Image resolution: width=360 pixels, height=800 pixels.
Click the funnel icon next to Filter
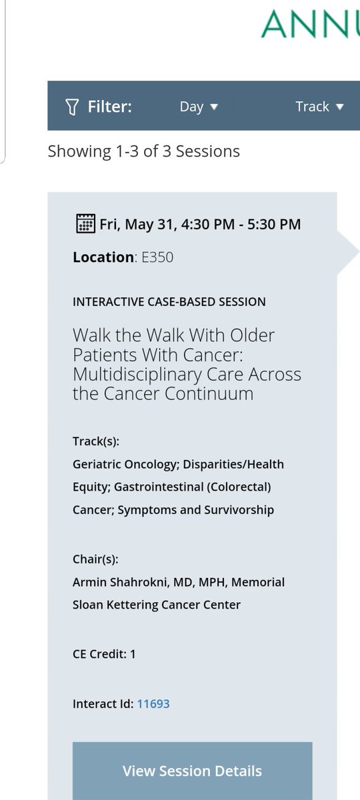pos(74,107)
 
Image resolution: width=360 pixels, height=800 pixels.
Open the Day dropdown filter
pos(199,107)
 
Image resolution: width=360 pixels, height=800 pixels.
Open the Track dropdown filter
pos(320,107)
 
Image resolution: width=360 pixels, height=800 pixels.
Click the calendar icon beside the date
pos(84,223)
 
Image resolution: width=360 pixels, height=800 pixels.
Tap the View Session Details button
pos(192,771)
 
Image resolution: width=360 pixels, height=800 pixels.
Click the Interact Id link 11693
pos(153,703)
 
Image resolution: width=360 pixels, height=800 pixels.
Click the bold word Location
pos(103,257)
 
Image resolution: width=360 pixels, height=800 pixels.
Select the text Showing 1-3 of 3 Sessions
pos(143,151)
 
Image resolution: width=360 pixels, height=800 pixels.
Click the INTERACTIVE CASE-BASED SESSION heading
pos(169,301)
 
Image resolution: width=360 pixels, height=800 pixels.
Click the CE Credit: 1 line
pos(104,654)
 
